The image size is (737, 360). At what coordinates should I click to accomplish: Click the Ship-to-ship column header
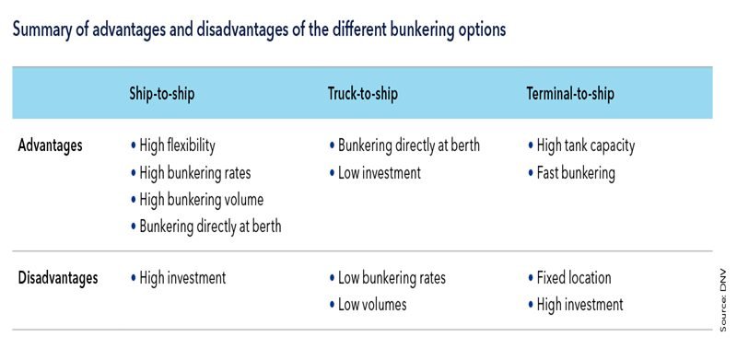[x=162, y=94]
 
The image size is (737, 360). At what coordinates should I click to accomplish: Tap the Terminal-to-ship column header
[x=569, y=94]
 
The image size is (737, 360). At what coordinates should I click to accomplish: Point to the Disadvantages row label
[x=58, y=277]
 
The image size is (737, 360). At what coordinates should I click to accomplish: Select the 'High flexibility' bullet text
[x=177, y=145]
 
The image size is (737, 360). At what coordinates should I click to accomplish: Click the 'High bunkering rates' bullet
[x=194, y=172]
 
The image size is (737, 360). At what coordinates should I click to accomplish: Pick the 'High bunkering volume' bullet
[x=201, y=199]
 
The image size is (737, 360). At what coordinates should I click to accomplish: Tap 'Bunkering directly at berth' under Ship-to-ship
[x=210, y=226]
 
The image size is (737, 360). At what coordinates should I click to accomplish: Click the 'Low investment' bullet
[x=379, y=172]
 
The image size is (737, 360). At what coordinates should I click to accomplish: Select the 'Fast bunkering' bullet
[x=575, y=172]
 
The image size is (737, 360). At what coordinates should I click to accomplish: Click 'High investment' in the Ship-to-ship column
[x=181, y=277]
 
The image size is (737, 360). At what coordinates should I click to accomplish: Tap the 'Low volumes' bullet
[x=372, y=304]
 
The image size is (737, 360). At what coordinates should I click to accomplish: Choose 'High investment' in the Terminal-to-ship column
[x=579, y=304]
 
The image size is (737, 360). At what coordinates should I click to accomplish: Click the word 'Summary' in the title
[x=42, y=29]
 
